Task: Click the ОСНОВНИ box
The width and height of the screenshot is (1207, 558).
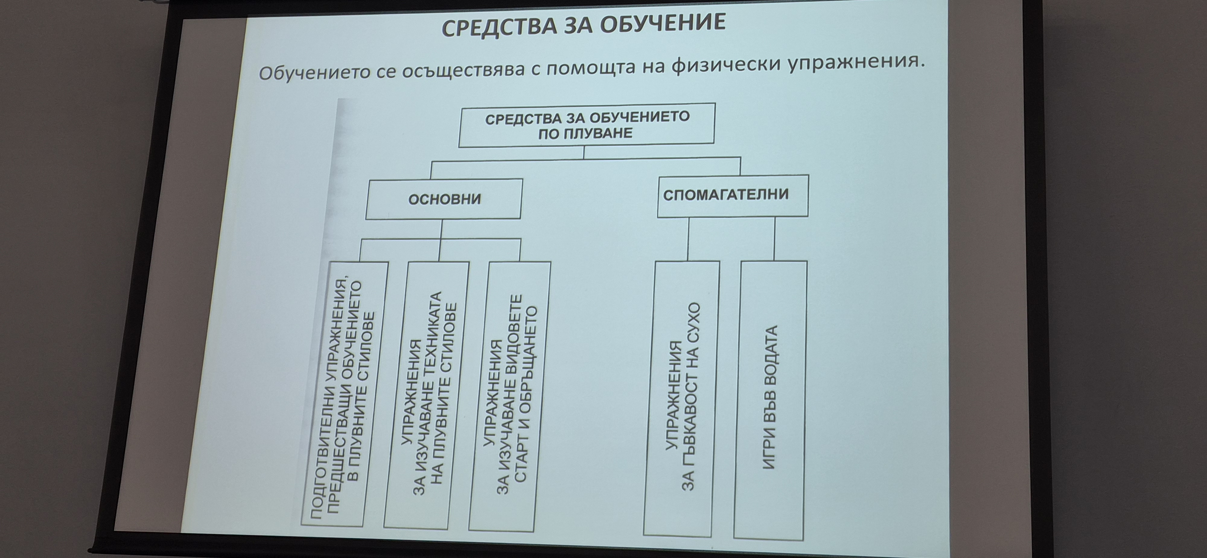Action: (x=444, y=199)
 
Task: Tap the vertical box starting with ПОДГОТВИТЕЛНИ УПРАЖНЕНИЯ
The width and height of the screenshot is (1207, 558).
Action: (x=344, y=393)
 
